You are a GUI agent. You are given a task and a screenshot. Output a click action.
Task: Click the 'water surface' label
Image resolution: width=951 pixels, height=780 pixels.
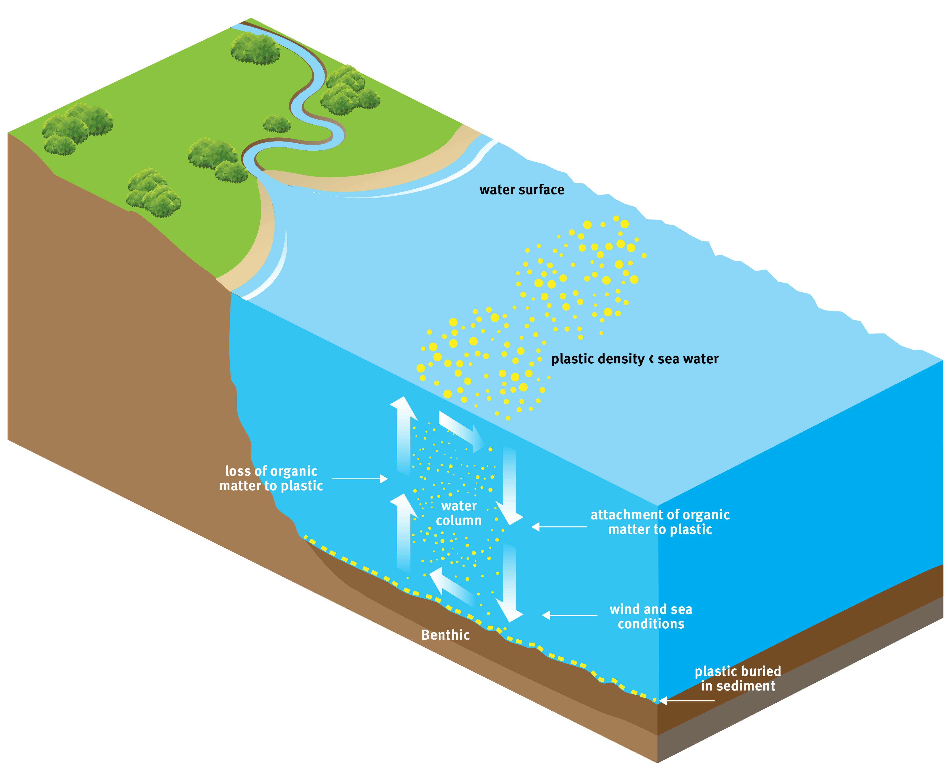pyautogui.click(x=521, y=190)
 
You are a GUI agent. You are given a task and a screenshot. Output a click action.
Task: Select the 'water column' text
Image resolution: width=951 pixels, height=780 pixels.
pyautogui.click(x=459, y=513)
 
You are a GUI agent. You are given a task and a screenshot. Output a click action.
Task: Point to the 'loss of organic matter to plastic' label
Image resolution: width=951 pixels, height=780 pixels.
pyautogui.click(x=271, y=478)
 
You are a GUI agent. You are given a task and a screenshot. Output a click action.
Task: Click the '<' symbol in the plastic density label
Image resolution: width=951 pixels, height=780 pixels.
pyautogui.click(x=651, y=359)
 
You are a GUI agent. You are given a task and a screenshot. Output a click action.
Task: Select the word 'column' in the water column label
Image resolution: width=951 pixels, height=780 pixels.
pyautogui.click(x=459, y=521)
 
